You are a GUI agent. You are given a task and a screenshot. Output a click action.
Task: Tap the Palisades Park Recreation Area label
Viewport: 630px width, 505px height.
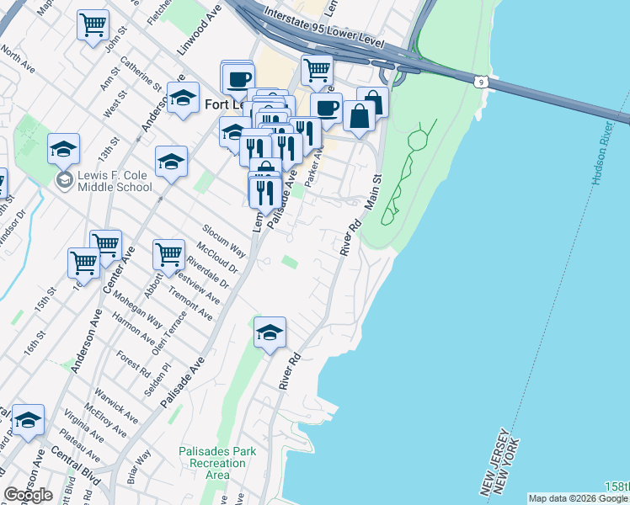click(217, 463)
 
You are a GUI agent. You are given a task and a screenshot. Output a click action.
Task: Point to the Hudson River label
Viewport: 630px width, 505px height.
click(603, 159)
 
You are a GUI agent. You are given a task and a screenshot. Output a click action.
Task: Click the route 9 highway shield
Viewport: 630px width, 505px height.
click(479, 81)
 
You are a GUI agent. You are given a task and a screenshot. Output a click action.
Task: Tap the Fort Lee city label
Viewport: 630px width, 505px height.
click(226, 104)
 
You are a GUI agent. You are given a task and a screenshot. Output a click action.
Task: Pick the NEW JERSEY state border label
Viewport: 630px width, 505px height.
click(494, 462)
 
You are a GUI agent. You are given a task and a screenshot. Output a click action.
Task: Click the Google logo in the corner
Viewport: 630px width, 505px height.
click(28, 495)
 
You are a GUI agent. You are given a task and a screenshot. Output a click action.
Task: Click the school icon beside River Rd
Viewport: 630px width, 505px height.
click(270, 332)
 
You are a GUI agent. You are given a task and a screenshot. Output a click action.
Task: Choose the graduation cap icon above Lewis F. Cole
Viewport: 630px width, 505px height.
click(63, 148)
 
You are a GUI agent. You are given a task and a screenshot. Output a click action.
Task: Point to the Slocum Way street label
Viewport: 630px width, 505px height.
click(223, 241)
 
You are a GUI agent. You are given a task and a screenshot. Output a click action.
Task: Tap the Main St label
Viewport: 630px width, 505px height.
click(372, 192)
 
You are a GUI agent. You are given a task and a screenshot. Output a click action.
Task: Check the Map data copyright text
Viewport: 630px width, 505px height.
click(578, 498)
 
